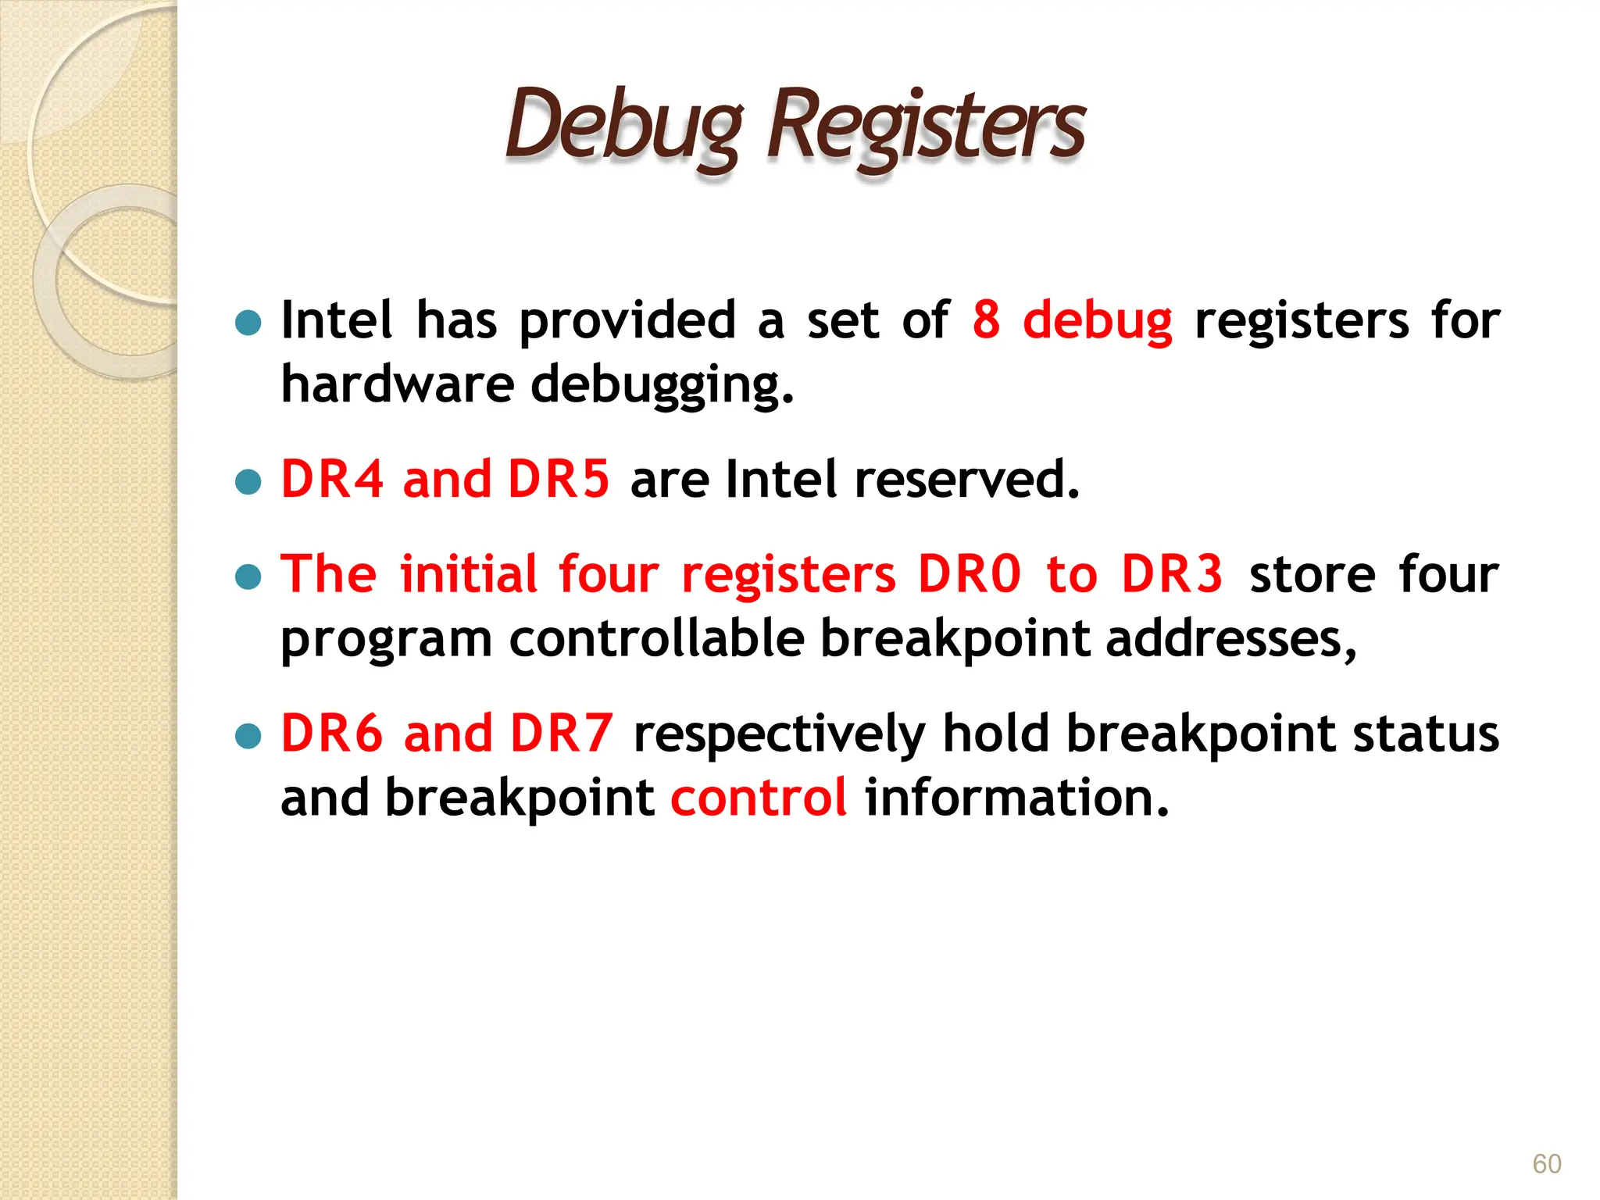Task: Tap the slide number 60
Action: tap(1546, 1164)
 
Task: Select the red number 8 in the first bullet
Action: tap(986, 320)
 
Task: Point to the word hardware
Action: tap(397, 384)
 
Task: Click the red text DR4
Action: tap(332, 479)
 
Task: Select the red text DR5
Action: tap(558, 479)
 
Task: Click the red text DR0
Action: tap(969, 574)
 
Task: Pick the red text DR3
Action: tap(1172, 574)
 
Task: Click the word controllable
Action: tap(656, 639)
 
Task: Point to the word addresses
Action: tap(1231, 639)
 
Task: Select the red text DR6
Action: tap(332, 734)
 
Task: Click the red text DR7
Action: tap(561, 734)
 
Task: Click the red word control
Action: tap(758, 798)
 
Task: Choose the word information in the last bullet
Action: tap(1016, 798)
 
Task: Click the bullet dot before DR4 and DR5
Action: tap(248, 482)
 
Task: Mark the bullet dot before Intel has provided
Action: tap(248, 323)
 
